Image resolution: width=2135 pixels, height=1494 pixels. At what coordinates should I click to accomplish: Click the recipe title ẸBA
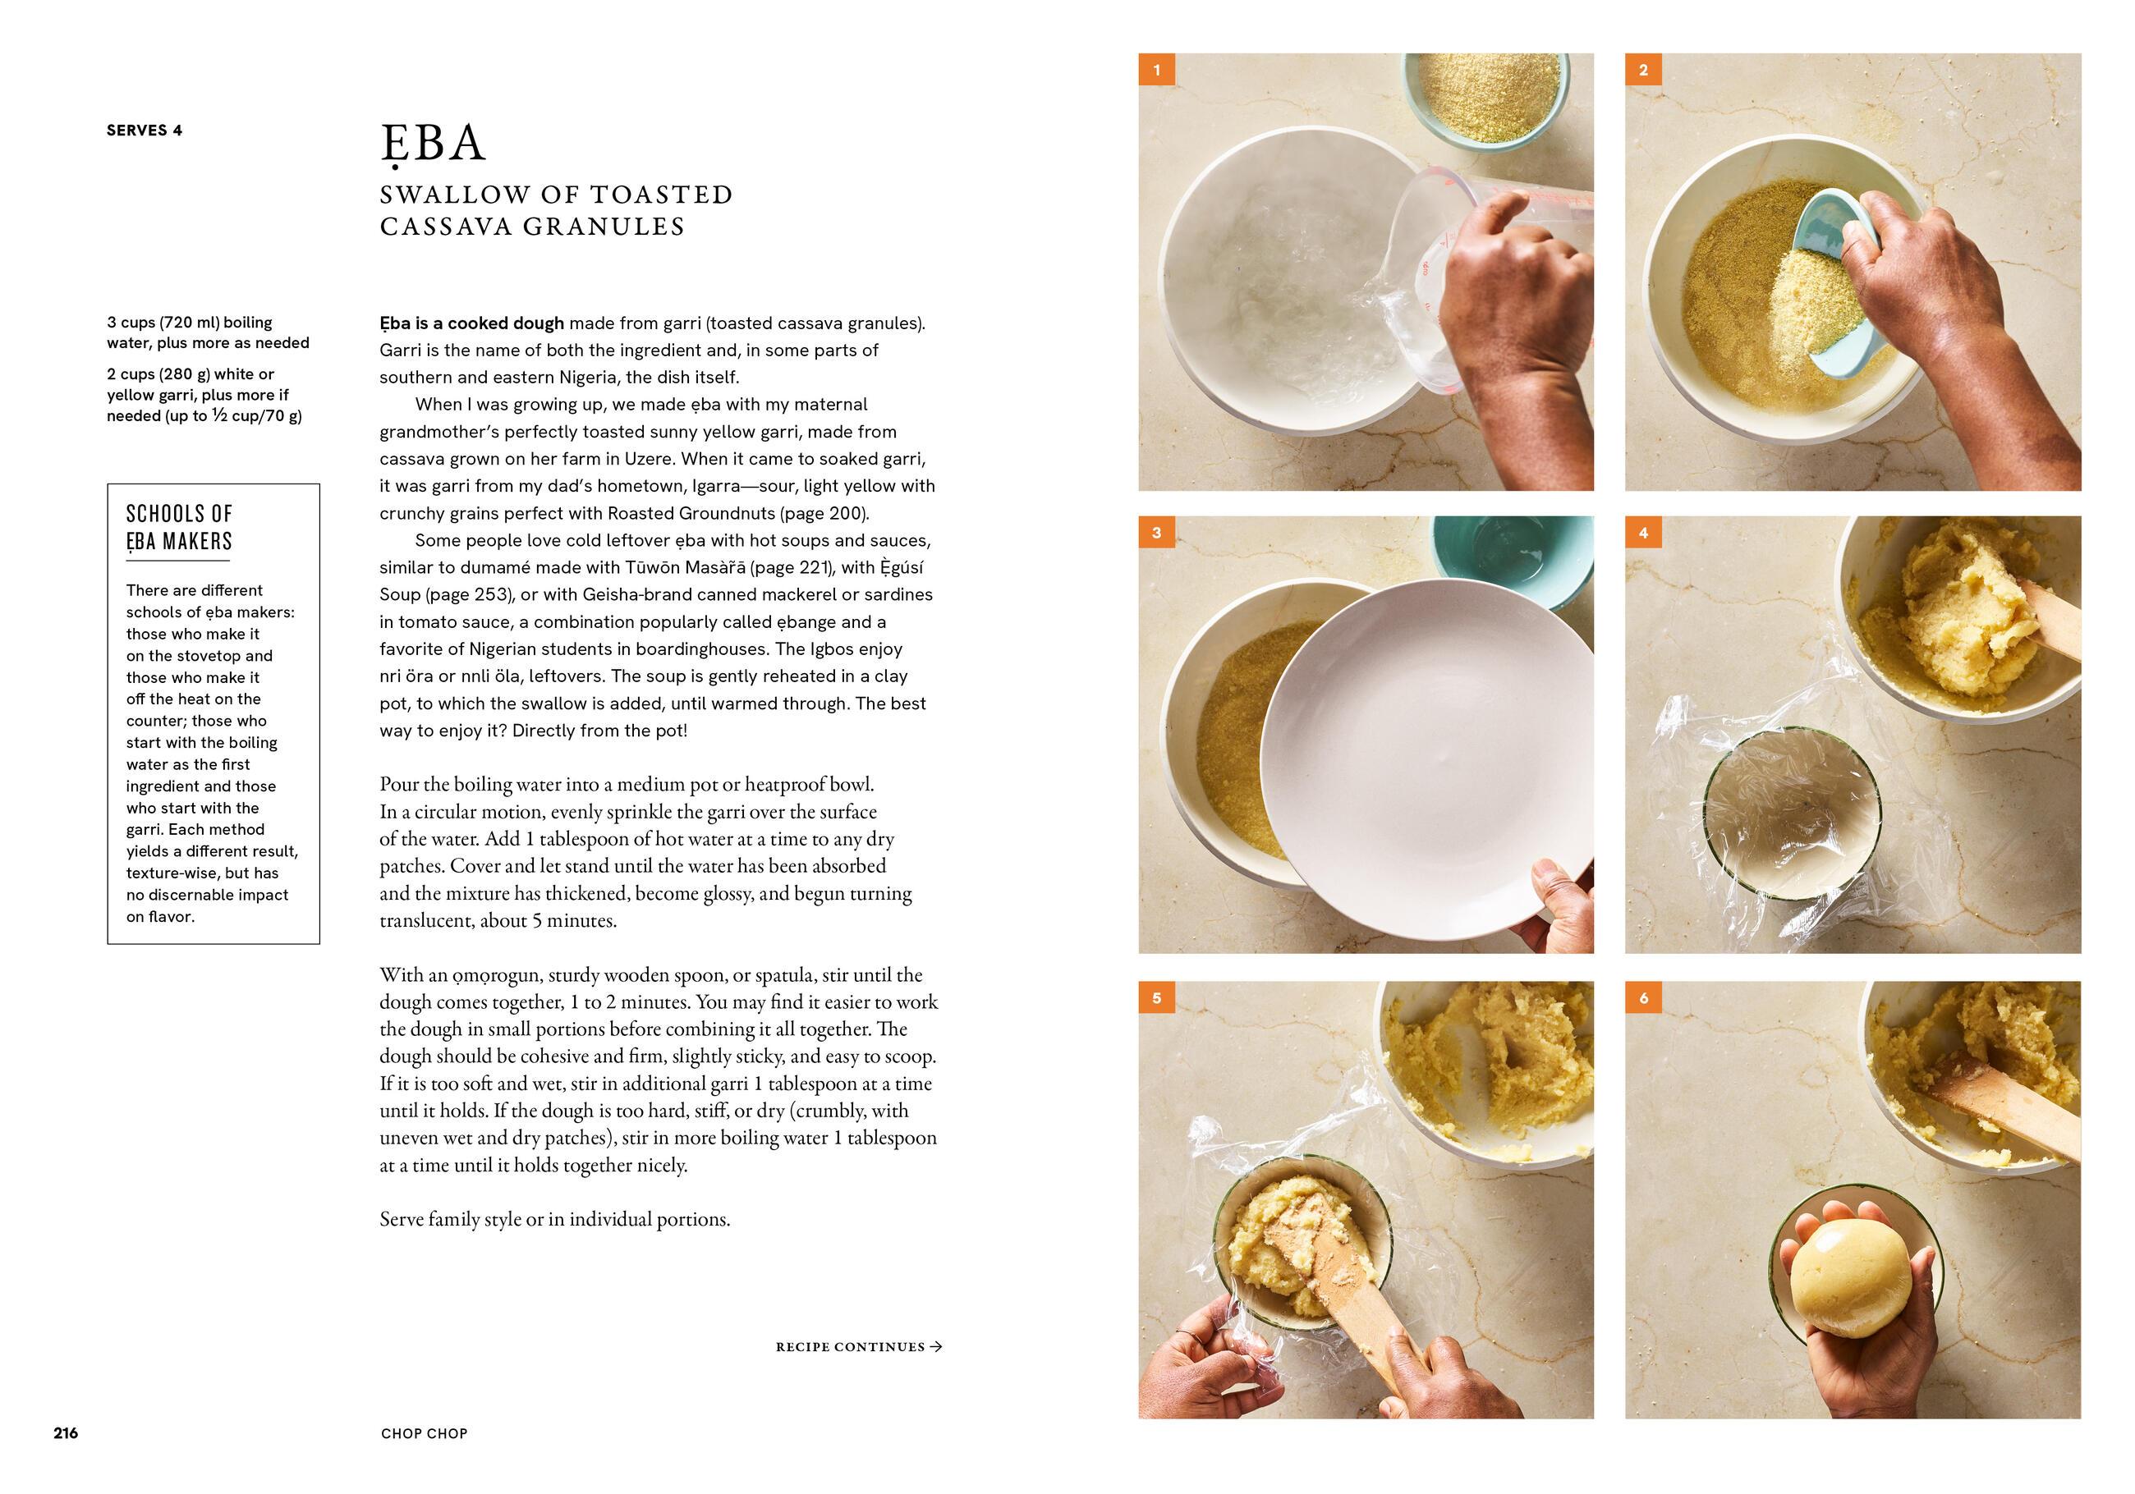coord(433,145)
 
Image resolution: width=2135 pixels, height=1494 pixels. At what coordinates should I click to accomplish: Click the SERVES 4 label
coord(145,131)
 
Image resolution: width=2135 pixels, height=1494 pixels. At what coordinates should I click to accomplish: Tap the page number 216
coord(66,1432)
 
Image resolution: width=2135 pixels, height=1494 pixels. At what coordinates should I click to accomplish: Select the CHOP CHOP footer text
coord(424,1433)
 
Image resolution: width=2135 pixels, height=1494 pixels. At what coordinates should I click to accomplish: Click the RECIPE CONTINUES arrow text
coord(858,1346)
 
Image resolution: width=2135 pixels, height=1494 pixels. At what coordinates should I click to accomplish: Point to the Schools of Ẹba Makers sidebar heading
coord(178,527)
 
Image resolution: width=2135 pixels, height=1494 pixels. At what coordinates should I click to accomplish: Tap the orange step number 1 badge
coord(1157,70)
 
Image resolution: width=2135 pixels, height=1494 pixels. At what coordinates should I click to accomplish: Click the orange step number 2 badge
coord(1643,70)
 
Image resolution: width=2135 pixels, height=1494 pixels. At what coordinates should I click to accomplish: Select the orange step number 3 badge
coord(1157,533)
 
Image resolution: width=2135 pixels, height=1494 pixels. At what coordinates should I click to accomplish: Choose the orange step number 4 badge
coord(1643,533)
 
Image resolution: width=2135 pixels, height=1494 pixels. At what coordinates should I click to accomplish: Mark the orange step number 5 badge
coord(1157,997)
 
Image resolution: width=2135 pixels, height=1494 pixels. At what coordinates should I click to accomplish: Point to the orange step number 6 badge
coord(1643,997)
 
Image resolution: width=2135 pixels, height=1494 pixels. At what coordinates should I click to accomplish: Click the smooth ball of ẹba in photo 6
coord(1850,1278)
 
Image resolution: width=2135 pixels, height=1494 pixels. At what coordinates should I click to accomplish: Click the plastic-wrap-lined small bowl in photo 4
coord(1792,813)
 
